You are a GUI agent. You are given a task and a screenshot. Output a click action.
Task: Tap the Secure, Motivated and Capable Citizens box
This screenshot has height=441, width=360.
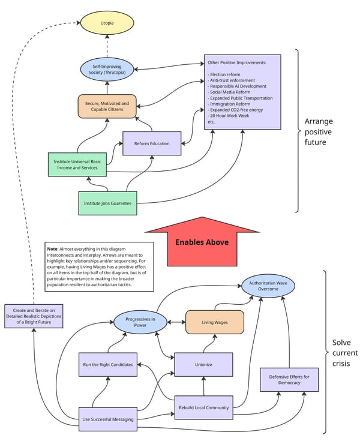pyautogui.click(x=107, y=106)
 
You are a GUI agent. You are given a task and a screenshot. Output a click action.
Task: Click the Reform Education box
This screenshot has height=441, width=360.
pyautogui.click(x=152, y=143)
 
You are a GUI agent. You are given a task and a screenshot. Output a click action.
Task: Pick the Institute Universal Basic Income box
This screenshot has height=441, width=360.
pyautogui.click(x=77, y=165)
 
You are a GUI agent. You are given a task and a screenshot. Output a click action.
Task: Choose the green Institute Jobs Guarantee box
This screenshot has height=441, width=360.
pyautogui.click(x=108, y=203)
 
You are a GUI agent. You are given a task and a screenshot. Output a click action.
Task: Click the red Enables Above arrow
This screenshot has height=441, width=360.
pyautogui.click(x=202, y=241)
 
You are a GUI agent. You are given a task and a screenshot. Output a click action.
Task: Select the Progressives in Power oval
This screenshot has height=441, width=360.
pyautogui.click(x=141, y=322)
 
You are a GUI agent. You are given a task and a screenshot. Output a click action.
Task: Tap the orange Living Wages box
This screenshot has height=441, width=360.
pyautogui.click(x=214, y=322)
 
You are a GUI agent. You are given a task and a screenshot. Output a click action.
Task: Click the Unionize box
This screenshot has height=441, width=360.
pyautogui.click(x=203, y=364)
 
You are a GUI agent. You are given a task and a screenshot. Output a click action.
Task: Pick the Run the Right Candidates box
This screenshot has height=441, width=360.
pyautogui.click(x=108, y=364)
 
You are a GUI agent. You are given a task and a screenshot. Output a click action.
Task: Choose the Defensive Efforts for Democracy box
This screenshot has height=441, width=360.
pyautogui.click(x=289, y=379)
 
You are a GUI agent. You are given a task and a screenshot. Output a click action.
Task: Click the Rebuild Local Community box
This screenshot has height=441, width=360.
pyautogui.click(x=203, y=407)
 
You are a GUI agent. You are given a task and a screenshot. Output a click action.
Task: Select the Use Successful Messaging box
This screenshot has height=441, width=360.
pyautogui.click(x=108, y=418)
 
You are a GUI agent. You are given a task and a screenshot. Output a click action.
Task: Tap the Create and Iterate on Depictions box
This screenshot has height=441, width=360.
pyautogui.click(x=34, y=315)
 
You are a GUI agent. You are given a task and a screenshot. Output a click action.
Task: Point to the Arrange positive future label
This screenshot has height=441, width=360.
pyautogui.click(x=319, y=131)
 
